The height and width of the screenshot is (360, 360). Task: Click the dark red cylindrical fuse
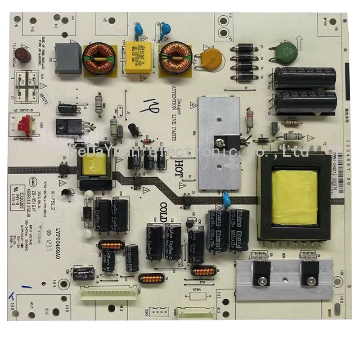point(25,56)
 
